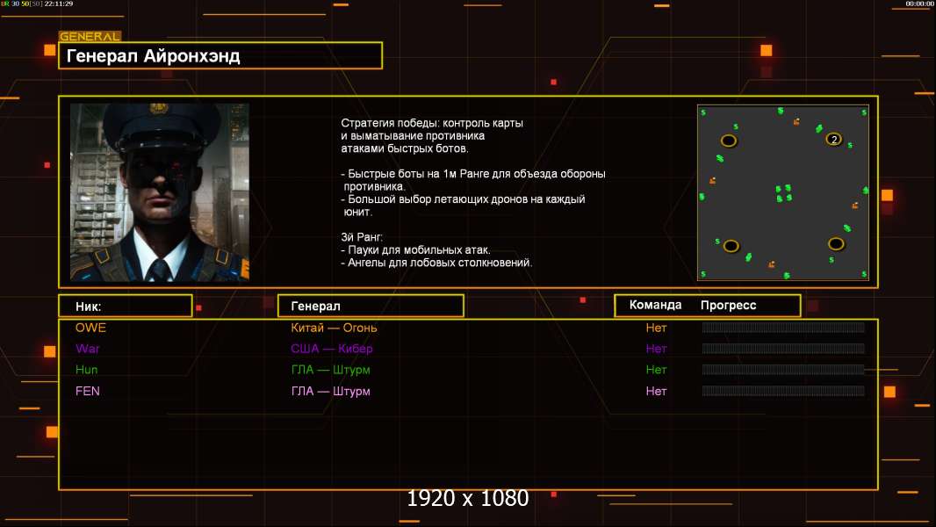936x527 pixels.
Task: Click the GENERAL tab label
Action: coord(90,37)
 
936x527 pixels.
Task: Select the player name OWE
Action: coord(90,328)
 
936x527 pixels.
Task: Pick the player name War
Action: coord(88,349)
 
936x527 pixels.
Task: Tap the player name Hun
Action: coord(87,370)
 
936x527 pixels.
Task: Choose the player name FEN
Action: coord(88,391)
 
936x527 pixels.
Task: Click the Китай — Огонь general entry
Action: coord(335,328)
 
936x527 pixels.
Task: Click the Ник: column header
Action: coord(89,306)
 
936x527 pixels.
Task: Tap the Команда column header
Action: coord(655,305)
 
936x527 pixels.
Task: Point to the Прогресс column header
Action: coord(728,305)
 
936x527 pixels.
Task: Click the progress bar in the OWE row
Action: coord(783,328)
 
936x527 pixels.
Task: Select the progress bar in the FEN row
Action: coord(783,391)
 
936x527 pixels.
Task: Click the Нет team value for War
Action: coord(656,349)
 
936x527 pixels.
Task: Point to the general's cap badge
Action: coord(159,109)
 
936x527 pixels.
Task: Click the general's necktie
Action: coord(159,269)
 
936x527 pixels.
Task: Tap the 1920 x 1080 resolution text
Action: coord(468,499)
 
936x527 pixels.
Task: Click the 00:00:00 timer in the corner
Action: coord(919,4)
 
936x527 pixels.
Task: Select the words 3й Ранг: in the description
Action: coord(362,237)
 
